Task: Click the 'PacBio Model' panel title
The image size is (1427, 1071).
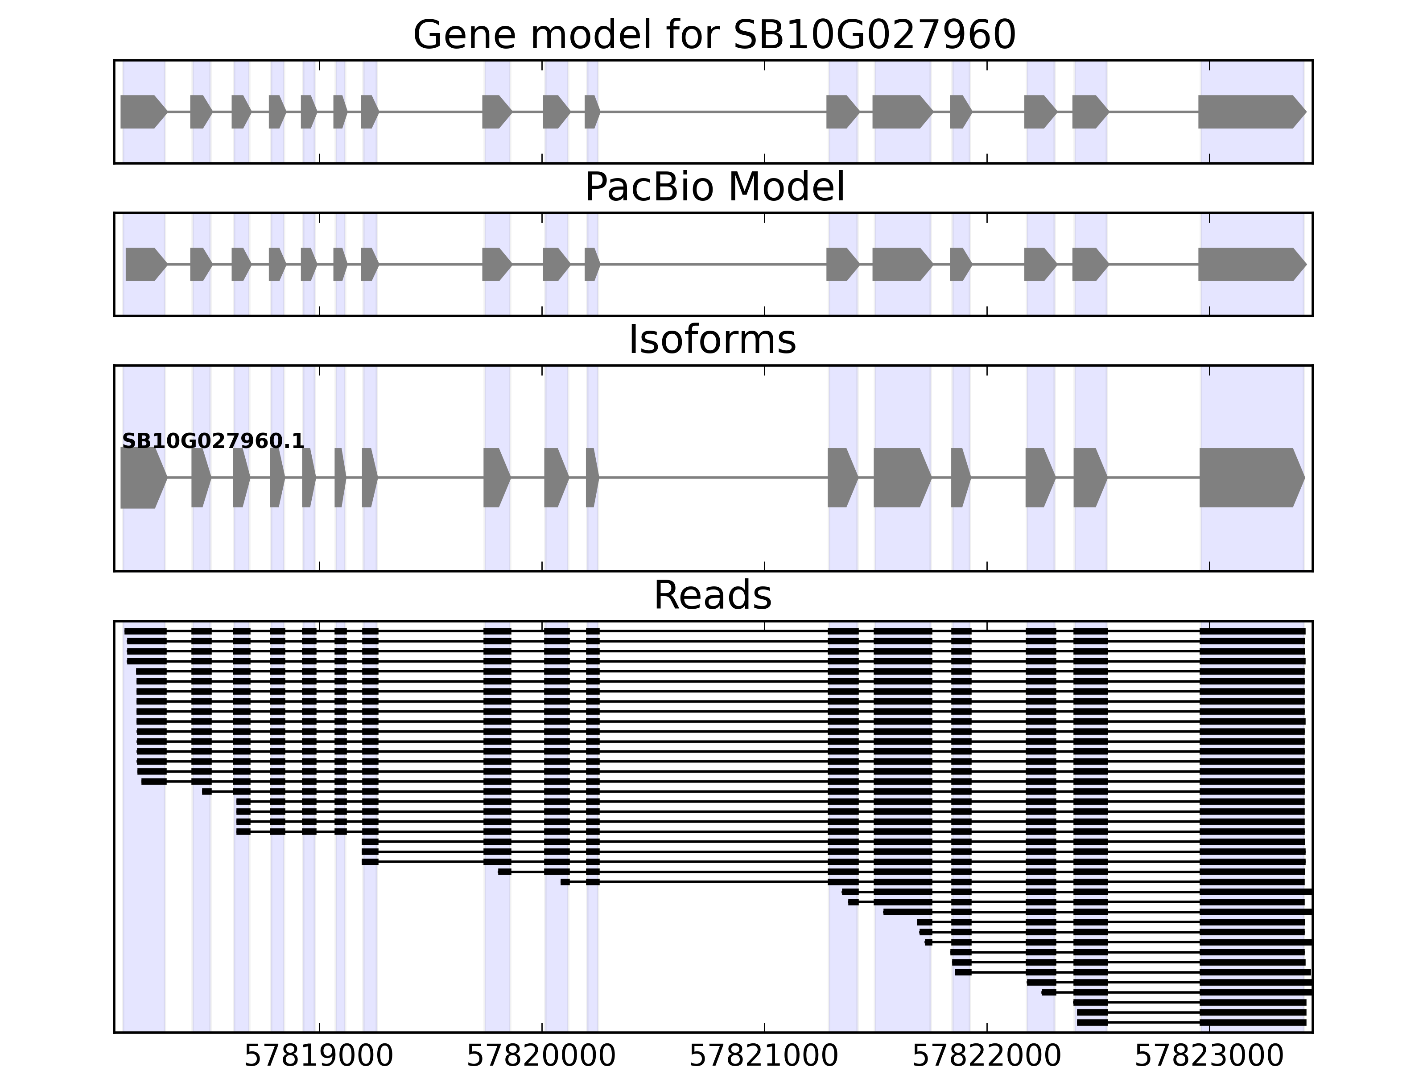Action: click(713, 187)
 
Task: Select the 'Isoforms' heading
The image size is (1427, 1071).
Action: click(712, 340)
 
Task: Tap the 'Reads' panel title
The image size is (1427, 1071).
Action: click(712, 595)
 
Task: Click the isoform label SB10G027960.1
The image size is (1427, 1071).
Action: click(213, 442)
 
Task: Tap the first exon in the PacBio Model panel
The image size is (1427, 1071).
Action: click(145, 264)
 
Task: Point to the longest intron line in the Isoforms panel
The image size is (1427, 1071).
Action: click(713, 478)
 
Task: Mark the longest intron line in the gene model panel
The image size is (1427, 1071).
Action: click(713, 112)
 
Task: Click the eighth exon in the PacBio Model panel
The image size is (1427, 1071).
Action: click(496, 264)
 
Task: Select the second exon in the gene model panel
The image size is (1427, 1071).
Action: click(200, 112)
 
